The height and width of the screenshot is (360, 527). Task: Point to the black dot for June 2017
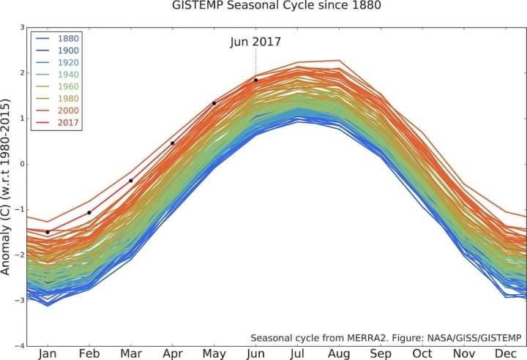[255, 80]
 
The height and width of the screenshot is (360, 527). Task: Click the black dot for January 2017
[48, 232]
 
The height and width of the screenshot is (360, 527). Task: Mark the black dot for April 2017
[173, 143]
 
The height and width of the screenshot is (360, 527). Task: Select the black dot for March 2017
[131, 180]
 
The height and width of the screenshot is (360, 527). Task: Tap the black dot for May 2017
[214, 103]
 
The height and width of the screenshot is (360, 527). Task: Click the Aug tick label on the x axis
[339, 353]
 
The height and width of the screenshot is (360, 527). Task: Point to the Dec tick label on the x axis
[505, 353]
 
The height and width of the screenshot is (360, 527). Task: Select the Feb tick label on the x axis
[89, 353]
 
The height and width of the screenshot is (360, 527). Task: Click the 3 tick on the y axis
[22, 28]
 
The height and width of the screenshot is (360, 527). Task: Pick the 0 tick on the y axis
[22, 164]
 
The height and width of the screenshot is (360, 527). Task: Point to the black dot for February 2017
[89, 212]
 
